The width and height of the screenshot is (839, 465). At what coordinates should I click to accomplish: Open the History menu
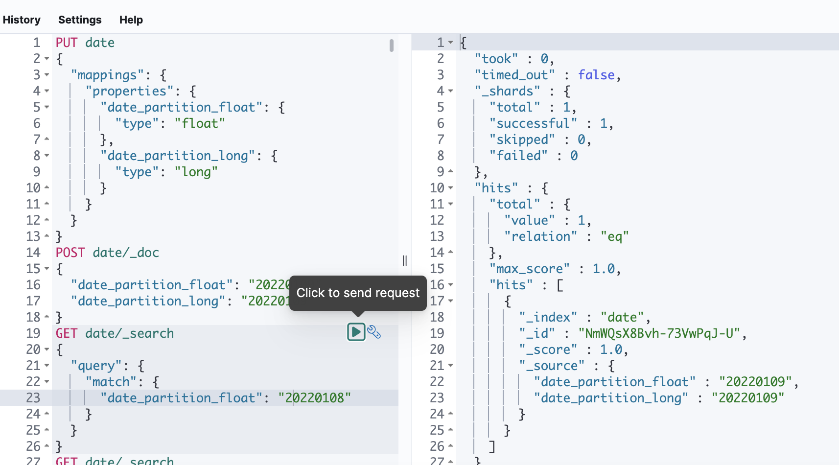coord(22,20)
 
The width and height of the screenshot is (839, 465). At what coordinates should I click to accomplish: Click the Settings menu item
coord(80,20)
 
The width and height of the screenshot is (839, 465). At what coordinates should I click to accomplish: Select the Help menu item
coord(131,20)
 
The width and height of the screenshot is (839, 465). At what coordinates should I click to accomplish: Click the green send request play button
coord(356,332)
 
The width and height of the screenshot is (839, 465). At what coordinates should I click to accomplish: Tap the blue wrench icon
coord(374,332)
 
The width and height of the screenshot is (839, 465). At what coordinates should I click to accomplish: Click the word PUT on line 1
coord(67,43)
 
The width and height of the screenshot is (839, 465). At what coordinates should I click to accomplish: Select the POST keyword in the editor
coord(70,253)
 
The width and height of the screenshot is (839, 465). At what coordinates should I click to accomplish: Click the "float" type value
coord(200,123)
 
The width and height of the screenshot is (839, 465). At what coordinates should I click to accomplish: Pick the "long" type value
coord(196,172)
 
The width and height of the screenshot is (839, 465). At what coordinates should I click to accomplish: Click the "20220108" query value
coord(314,398)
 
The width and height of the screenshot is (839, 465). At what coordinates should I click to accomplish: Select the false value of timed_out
coord(596,75)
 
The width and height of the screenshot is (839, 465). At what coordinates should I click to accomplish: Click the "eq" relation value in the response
coord(614,236)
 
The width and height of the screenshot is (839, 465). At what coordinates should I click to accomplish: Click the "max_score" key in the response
coord(530,269)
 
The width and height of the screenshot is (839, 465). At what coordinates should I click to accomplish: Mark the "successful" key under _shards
coord(533,123)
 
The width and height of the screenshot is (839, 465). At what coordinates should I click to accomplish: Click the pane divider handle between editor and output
coord(405,260)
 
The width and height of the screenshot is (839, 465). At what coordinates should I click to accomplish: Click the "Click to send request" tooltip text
coord(358,293)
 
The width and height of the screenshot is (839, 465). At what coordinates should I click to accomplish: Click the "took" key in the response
coord(496,59)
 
